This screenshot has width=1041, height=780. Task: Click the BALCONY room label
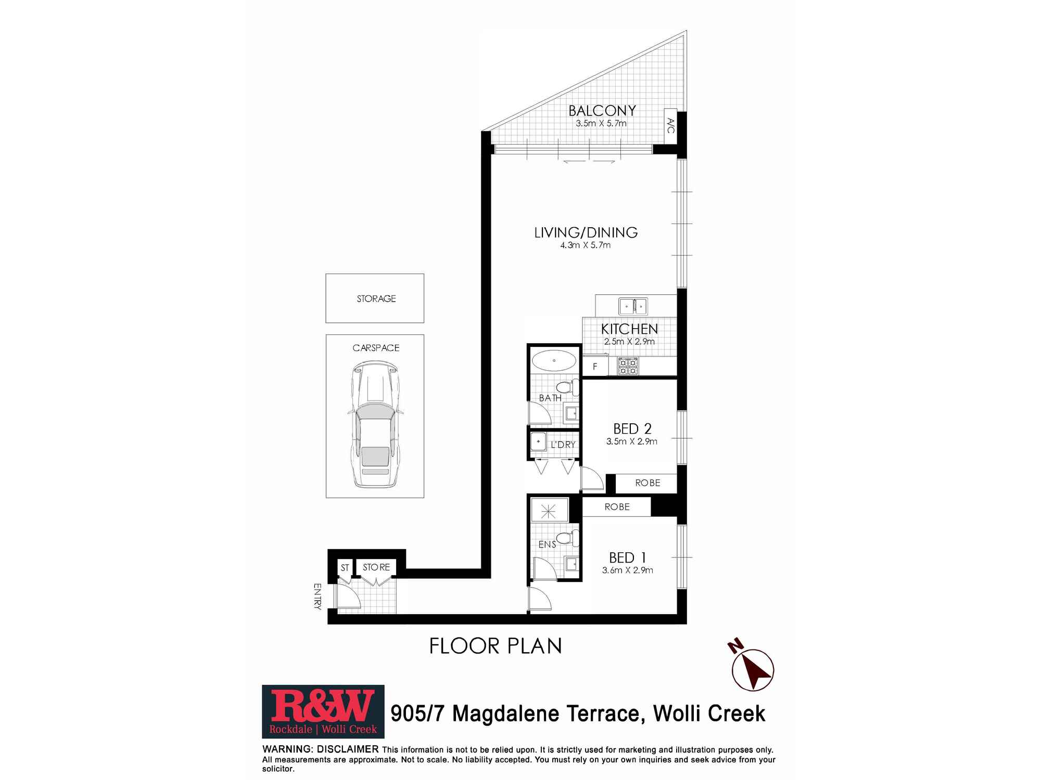tap(602, 111)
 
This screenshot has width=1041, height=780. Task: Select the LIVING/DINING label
tap(586, 232)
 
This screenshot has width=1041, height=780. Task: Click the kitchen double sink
tap(633, 306)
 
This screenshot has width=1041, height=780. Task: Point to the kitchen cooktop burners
tap(628, 366)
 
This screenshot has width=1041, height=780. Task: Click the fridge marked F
tap(595, 366)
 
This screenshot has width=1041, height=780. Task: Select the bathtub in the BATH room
tap(554, 360)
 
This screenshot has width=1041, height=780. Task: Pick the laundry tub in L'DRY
tap(538, 442)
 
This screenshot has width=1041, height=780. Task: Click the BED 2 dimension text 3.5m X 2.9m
tap(632, 441)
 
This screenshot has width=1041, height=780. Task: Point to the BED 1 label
tap(628, 558)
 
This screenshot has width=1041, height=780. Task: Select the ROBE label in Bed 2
tap(648, 483)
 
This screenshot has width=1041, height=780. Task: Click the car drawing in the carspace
tap(375, 425)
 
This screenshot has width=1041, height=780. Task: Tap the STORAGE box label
tap(376, 298)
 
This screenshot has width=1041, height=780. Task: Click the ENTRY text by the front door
tap(318, 596)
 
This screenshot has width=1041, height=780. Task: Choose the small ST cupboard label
tap(345, 568)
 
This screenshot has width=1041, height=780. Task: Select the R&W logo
tap(323, 711)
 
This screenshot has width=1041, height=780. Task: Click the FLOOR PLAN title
tap(496, 646)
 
